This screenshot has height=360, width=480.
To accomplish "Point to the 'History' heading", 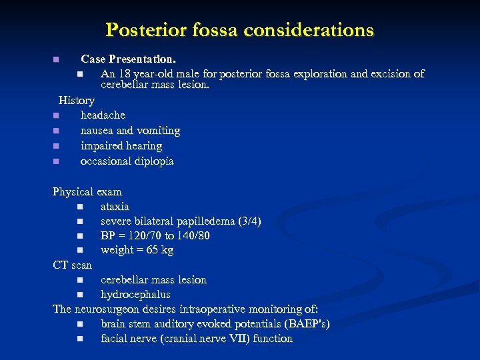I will point(77,100).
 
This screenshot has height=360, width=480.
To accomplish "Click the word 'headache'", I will point(103,115).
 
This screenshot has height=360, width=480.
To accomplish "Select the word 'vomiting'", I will point(157,130).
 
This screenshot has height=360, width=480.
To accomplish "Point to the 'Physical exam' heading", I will point(87,192).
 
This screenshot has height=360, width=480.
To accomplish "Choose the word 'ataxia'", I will point(115,207).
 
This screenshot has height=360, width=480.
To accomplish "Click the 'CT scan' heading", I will point(73,265).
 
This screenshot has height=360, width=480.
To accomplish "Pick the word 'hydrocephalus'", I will point(135,295).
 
